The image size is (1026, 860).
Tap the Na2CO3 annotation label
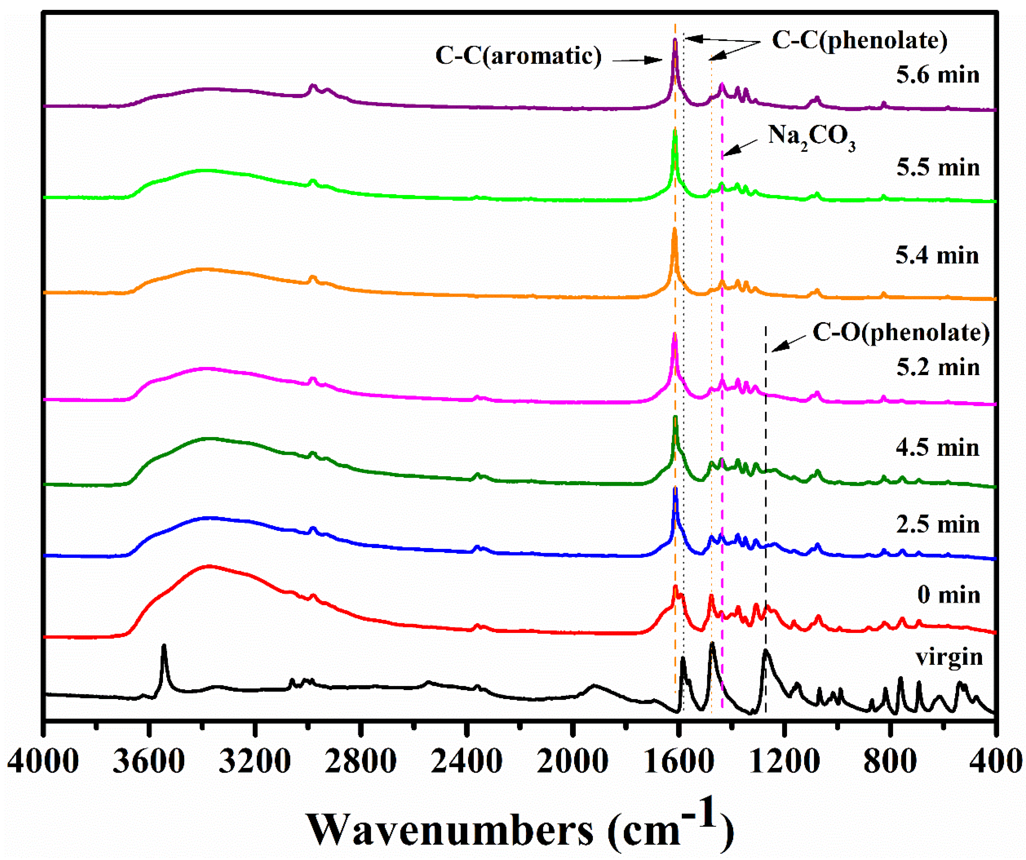coord(811,137)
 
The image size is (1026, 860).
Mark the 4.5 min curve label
coord(937,448)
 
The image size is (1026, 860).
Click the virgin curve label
coord(949,658)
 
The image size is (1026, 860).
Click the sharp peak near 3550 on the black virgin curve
coord(164,646)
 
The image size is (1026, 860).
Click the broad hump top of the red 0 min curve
coord(209,567)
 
